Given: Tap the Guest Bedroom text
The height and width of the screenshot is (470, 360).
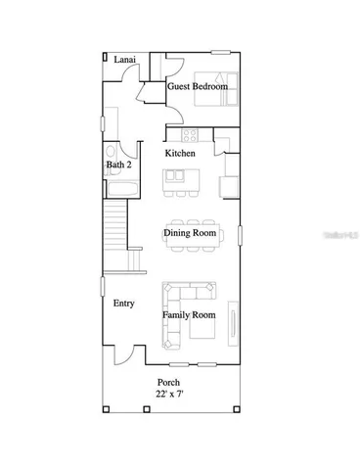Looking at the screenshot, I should click(198, 87).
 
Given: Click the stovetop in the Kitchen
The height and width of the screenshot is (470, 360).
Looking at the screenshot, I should click(190, 133).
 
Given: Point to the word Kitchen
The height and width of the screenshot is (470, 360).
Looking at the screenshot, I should click(179, 154).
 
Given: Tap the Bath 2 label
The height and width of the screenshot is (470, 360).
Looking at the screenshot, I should click(119, 165).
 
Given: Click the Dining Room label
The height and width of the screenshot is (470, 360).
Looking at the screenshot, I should click(189, 233).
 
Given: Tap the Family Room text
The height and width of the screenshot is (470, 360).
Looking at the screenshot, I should click(189, 315).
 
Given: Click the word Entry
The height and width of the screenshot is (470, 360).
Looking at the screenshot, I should click(123, 304).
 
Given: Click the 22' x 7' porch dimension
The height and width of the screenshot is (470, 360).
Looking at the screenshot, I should click(170, 394).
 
